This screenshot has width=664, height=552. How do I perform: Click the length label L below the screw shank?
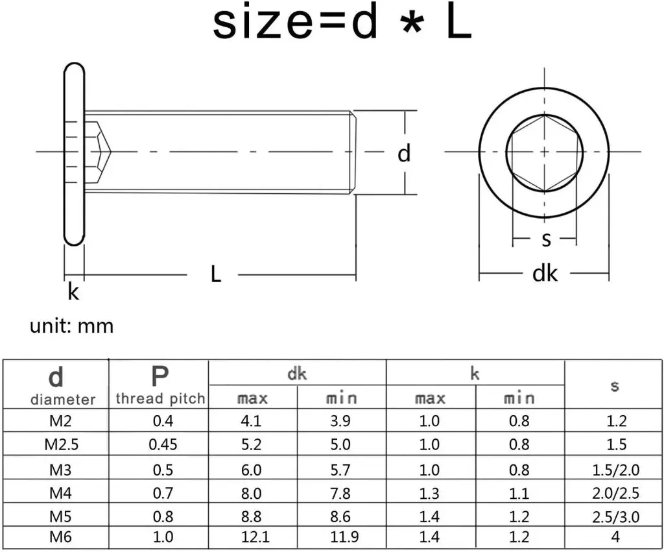(216, 274)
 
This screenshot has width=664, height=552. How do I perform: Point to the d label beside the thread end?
(404, 154)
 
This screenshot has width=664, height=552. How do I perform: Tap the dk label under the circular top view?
(545, 274)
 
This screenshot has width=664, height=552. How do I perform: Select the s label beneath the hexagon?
(546, 239)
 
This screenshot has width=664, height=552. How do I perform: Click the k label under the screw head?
(73, 293)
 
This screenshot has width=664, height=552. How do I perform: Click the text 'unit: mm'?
(71, 325)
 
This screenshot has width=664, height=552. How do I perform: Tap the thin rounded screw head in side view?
(73, 154)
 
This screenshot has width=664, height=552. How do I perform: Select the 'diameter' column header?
(62, 399)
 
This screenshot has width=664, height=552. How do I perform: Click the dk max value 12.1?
(252, 536)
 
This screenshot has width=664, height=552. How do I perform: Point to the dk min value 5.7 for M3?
(340, 470)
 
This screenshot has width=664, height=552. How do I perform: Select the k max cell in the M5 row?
(429, 518)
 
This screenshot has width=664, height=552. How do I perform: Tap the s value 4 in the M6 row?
(615, 536)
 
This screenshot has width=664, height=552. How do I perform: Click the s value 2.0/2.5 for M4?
(615, 494)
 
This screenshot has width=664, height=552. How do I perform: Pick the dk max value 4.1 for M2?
(252, 421)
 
